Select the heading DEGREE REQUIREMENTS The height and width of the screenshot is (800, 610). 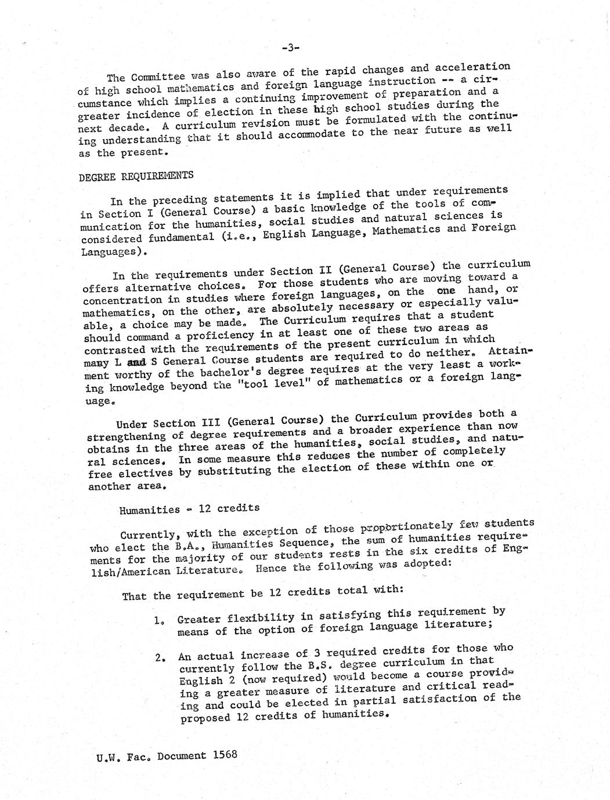pyautogui.click(x=136, y=176)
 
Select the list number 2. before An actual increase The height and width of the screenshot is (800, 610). pyautogui.click(x=161, y=658)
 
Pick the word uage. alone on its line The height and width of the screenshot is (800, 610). pyautogui.click(x=98, y=401)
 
